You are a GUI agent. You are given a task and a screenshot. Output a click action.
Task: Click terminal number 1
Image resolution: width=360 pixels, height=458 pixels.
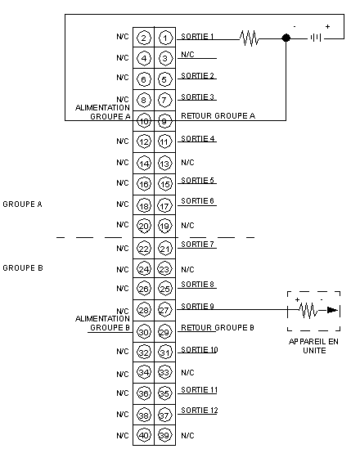point(165,38)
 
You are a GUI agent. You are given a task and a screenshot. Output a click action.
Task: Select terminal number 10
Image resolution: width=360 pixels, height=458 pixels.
point(143,121)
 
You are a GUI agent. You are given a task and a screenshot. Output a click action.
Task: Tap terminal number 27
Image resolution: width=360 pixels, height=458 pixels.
point(164,310)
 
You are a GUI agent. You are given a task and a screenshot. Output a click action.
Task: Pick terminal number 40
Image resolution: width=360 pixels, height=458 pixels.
point(143,435)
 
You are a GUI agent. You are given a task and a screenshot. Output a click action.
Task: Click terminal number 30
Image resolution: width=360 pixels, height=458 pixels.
point(143,332)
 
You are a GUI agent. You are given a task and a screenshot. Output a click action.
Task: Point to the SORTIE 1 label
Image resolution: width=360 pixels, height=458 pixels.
point(197,37)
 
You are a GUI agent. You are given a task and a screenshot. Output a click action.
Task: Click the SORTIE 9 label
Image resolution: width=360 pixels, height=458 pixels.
point(197,306)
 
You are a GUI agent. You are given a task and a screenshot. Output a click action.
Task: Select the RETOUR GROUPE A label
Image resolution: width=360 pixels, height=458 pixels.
point(218,116)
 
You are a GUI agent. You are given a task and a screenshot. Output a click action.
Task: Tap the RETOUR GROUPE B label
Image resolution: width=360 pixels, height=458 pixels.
point(218,328)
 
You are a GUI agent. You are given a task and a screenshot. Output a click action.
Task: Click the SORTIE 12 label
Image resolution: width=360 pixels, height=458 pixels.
point(200,411)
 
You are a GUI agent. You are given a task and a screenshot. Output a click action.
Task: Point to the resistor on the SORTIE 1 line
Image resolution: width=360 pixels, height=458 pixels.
point(250,38)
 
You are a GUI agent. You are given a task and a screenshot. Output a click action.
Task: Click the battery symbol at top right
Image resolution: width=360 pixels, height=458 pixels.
point(316,38)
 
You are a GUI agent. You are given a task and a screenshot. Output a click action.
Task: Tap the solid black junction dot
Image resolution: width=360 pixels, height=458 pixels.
point(286,38)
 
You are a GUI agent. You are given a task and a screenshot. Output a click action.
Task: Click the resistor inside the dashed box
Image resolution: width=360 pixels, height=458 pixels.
point(308,310)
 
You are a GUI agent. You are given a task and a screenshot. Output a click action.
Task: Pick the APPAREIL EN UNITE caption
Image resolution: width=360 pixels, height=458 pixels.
point(314,346)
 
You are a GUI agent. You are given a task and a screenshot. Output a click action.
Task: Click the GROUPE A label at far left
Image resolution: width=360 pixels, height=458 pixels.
point(23,204)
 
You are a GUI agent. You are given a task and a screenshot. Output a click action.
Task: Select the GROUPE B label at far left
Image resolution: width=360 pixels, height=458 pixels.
point(23,268)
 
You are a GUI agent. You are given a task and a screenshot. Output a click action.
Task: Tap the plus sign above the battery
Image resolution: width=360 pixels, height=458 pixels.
point(327,26)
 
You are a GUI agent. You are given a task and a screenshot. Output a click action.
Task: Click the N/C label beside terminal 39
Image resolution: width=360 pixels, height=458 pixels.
point(187,435)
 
